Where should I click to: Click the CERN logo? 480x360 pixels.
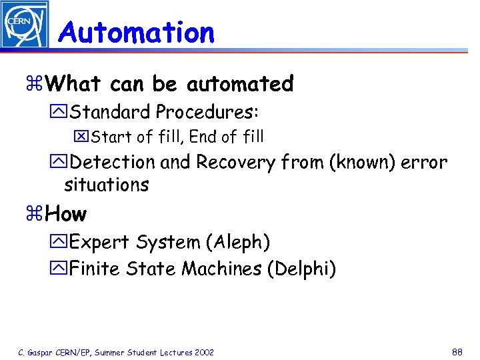click(x=25, y=25)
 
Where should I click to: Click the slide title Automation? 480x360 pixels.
click(x=137, y=32)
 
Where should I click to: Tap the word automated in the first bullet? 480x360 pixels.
click(x=240, y=84)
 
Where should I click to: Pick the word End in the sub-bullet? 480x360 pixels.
click(x=203, y=137)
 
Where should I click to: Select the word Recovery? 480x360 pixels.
click(x=235, y=162)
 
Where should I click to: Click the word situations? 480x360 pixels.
click(x=107, y=185)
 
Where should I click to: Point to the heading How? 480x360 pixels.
click(x=67, y=215)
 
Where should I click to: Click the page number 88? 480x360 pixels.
click(x=457, y=351)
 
